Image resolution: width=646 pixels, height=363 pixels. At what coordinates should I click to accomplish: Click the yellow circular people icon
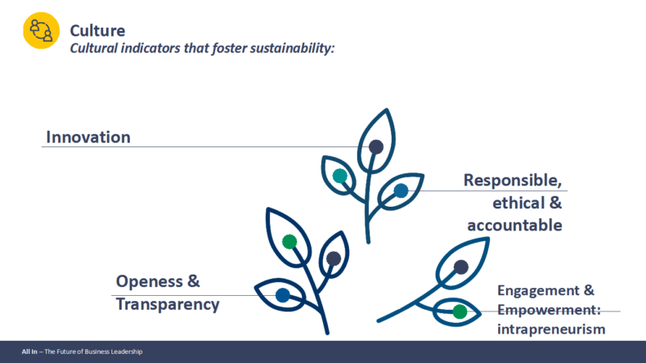coord(41,30)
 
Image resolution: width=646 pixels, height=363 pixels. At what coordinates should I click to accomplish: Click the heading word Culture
coord(97,31)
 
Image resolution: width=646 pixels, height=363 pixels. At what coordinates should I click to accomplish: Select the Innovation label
coord(88,137)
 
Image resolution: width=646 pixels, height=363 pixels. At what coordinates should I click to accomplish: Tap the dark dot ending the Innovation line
coord(375,146)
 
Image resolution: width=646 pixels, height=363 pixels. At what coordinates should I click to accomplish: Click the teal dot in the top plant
coord(340,176)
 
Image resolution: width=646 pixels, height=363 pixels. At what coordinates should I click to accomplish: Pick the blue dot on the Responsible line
coord(401,190)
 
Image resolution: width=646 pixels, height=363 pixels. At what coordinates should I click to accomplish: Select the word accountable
coord(514,226)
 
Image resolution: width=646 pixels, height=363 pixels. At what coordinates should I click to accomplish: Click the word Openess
coord(149,282)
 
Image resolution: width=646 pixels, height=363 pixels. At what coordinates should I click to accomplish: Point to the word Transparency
coord(168,304)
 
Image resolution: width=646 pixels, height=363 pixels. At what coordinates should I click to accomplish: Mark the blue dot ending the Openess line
coord(283,295)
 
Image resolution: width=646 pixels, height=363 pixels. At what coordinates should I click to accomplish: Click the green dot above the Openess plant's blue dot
coord(289,241)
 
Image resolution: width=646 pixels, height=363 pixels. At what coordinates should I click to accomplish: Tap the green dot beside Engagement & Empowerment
coord(460,312)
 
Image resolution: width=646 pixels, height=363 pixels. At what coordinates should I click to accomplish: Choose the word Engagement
coord(537,291)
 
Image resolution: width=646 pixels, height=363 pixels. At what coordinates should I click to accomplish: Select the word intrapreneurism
coord(551,329)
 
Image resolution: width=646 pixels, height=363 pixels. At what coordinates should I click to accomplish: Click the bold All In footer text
coord(29,352)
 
